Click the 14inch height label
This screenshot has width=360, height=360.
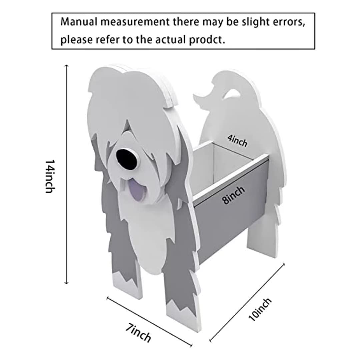pos(50,176)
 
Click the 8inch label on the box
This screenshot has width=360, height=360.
pos(233,195)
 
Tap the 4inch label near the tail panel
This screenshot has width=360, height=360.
pos(237,140)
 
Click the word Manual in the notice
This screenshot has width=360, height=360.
pos(79,22)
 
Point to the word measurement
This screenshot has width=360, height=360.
pos(135,22)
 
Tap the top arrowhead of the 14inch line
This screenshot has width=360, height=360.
pos(67,66)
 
